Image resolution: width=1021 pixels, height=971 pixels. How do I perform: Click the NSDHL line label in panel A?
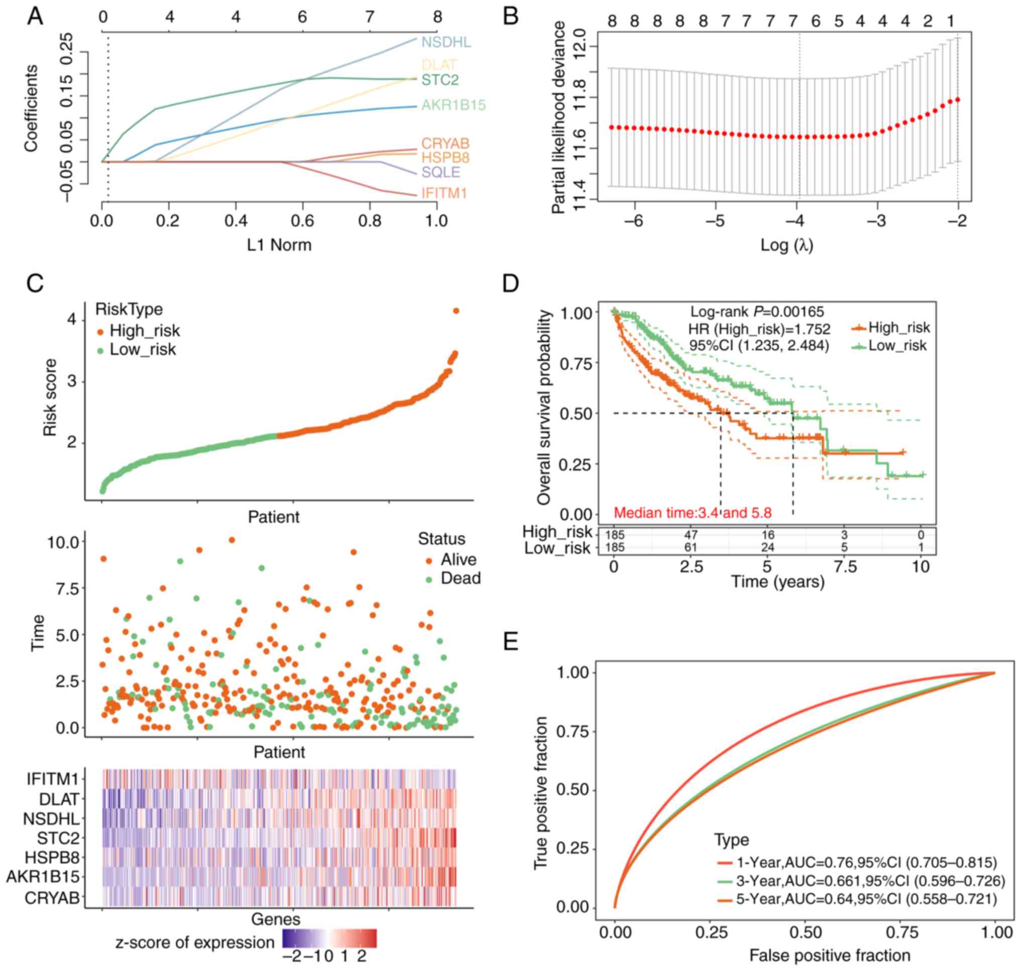[x=446, y=42]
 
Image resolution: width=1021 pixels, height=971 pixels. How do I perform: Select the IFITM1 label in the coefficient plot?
[x=444, y=193]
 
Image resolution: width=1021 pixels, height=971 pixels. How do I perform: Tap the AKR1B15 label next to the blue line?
[x=453, y=105]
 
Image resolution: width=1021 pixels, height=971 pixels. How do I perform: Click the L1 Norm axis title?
[x=279, y=244]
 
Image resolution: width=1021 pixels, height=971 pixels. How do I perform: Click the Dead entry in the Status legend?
[x=460, y=578]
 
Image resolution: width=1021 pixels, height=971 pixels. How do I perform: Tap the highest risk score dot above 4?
[x=456, y=311]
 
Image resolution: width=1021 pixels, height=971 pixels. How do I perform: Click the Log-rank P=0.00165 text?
[x=757, y=312]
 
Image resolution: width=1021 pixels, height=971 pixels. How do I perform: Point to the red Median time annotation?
[x=692, y=513]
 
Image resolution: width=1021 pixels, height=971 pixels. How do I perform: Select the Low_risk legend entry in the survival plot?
[x=897, y=346]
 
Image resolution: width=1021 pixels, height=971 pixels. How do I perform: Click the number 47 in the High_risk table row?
[x=691, y=535]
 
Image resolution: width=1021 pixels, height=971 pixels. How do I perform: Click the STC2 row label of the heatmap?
[x=58, y=838]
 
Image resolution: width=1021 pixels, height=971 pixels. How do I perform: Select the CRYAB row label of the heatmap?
[x=52, y=898]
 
